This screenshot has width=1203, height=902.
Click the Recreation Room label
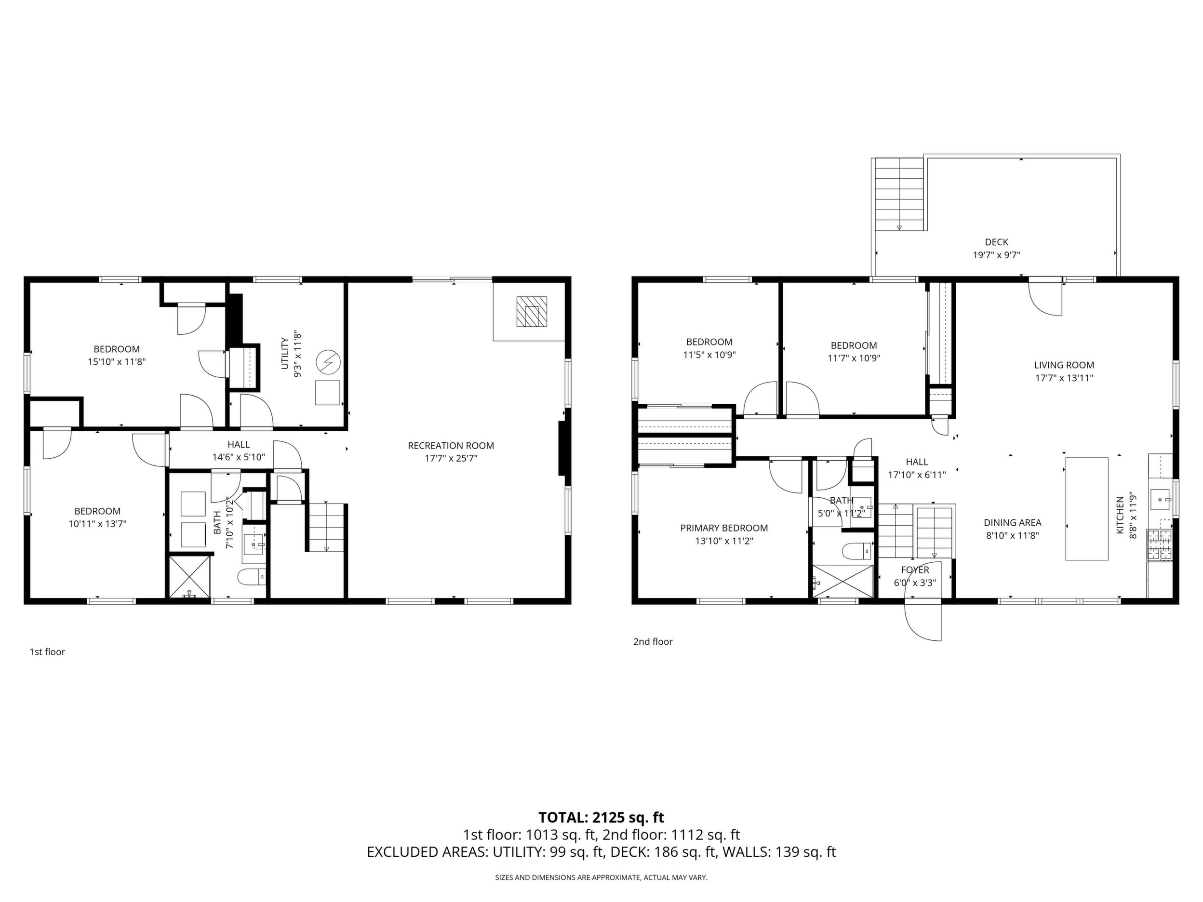[451, 446]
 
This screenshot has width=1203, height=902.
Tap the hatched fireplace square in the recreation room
[531, 312]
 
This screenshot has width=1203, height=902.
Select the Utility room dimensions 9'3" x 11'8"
[297, 354]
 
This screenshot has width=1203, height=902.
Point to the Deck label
[996, 242]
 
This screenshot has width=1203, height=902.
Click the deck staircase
[898, 195]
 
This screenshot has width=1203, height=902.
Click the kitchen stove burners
[1160, 545]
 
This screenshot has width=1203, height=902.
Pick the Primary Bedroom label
[724, 528]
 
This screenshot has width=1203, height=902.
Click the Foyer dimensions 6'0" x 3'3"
[915, 583]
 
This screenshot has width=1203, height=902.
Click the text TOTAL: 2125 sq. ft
[601, 818]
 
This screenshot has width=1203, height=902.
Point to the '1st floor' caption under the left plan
[47, 652]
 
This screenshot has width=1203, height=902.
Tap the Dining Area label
[1012, 522]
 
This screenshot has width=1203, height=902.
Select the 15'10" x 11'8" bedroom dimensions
[117, 361]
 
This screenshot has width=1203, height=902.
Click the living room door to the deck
[1045, 297]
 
